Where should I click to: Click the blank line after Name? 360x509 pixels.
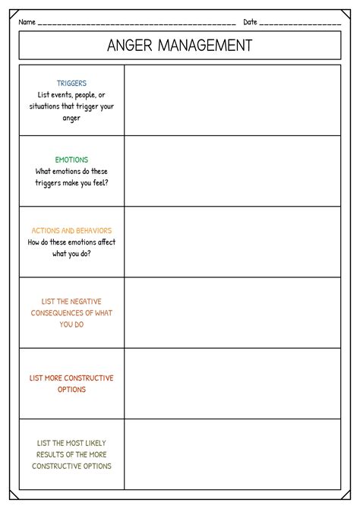click(x=137, y=23)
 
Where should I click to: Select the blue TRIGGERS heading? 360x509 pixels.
click(x=71, y=83)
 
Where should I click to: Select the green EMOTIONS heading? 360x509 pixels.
click(x=71, y=160)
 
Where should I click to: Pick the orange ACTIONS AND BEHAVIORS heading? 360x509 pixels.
click(x=71, y=230)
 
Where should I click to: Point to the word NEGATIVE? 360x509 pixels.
click(x=95, y=301)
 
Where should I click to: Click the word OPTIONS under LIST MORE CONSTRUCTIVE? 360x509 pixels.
click(x=71, y=390)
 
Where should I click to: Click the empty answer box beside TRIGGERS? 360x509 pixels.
click(x=232, y=100)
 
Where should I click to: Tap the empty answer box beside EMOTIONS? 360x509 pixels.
click(x=232, y=171)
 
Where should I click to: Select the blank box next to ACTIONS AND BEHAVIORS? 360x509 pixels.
click(x=232, y=242)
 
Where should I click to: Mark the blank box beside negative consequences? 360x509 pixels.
click(x=232, y=312)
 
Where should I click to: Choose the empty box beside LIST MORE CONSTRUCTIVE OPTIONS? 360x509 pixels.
click(x=232, y=383)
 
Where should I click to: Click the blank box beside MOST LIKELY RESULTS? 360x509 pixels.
click(x=232, y=453)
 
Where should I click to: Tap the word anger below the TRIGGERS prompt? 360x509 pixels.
click(x=71, y=118)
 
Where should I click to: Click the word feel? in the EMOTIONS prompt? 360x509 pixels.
click(x=98, y=182)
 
